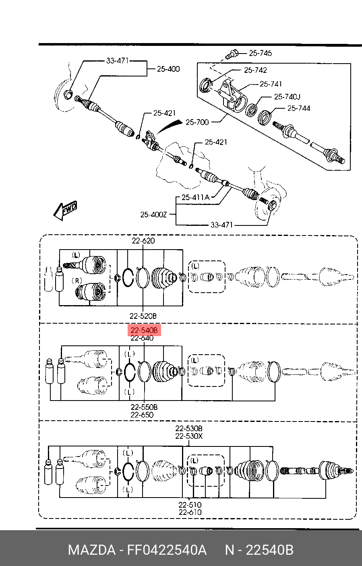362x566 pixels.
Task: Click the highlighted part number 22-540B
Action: click(144, 330)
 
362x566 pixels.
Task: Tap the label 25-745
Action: click(260, 53)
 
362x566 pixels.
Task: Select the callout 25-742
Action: click(255, 70)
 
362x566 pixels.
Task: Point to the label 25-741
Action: click(271, 84)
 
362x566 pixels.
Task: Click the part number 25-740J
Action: click(288, 97)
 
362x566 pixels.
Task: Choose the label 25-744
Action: click(298, 108)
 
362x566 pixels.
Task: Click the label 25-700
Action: click(197, 122)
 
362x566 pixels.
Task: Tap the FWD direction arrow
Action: click(65, 210)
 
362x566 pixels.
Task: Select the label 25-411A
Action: click(195, 197)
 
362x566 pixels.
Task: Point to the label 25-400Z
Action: click(153, 215)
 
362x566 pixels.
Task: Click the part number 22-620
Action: click(143, 241)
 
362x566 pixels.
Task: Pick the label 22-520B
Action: click(143, 316)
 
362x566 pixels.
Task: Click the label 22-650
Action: click(142, 415)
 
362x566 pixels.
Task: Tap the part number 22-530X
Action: click(189, 436)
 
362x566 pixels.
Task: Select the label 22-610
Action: click(190, 512)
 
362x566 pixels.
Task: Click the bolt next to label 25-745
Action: click(232, 54)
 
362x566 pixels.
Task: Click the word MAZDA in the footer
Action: click(92, 550)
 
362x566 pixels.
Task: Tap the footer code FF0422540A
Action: click(167, 550)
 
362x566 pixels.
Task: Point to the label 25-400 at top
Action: click(168, 69)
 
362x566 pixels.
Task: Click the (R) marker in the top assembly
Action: click(77, 281)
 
